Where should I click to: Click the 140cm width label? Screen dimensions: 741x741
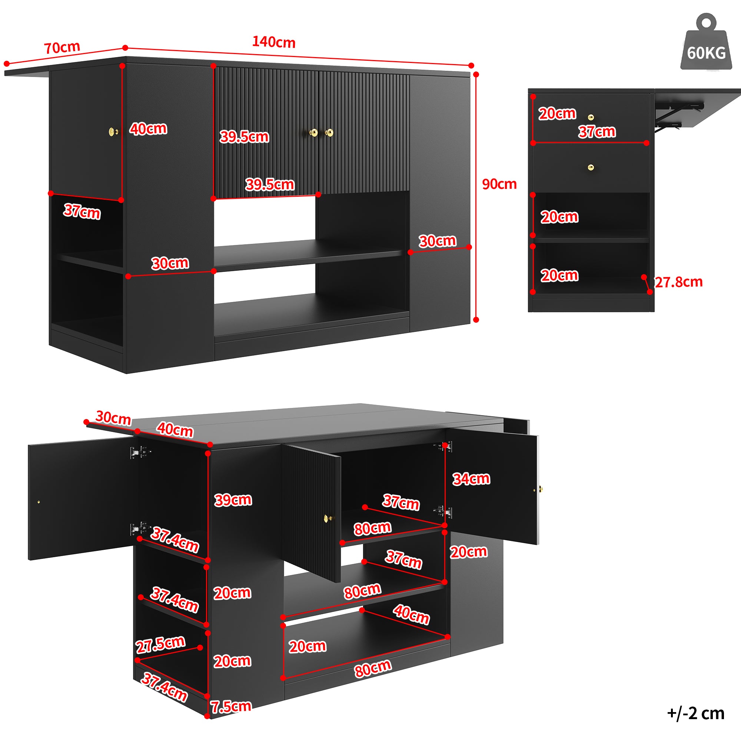(273, 42)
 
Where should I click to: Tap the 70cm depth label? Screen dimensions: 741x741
(62, 47)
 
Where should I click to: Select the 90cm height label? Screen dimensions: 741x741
(499, 184)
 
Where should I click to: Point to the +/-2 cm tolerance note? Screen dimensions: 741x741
(696, 713)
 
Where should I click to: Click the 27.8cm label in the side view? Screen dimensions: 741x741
(678, 282)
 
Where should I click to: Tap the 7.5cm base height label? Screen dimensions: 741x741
(231, 706)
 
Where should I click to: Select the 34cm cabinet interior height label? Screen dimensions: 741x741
(471, 479)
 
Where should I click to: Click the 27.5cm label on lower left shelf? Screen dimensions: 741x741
(160, 644)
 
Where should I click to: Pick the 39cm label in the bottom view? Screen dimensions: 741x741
(233, 500)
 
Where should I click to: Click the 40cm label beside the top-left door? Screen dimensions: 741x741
(148, 129)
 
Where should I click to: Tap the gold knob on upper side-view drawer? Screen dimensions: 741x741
(591, 117)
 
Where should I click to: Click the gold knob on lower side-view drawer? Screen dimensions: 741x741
(591, 167)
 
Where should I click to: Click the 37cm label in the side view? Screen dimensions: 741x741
(597, 132)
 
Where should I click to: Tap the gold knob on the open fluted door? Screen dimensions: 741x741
(327, 519)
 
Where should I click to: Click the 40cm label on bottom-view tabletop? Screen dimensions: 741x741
(175, 429)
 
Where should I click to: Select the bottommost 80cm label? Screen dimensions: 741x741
(372, 669)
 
